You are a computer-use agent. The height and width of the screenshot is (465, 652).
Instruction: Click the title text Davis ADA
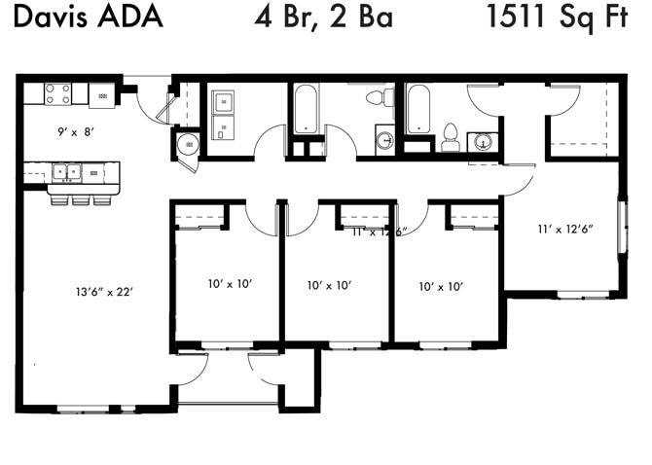pyautogui.click(x=88, y=18)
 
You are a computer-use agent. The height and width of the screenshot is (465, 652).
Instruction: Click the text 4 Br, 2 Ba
pyautogui.click(x=323, y=18)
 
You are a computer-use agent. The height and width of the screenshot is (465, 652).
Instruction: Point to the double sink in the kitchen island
pyautogui.click(x=67, y=173)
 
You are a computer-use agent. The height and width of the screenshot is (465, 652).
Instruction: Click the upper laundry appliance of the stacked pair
pyautogui.click(x=223, y=101)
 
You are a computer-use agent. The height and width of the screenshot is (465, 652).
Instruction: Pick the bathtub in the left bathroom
pyautogui.click(x=305, y=108)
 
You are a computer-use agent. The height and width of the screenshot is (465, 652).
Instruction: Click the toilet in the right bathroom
pyautogui.click(x=451, y=137)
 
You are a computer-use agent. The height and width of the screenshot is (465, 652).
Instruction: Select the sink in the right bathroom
pyautogui.click(x=483, y=143)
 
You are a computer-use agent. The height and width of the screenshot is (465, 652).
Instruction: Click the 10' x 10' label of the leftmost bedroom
pyautogui.click(x=230, y=285)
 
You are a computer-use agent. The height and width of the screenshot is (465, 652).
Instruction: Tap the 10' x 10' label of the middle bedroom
pyautogui.click(x=329, y=286)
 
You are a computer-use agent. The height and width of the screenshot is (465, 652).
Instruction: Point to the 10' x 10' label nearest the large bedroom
pyautogui.click(x=440, y=286)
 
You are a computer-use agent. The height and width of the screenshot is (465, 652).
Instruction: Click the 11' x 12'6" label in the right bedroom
pyautogui.click(x=566, y=231)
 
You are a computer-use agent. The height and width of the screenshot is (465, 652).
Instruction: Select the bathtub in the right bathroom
pyautogui.click(x=418, y=108)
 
